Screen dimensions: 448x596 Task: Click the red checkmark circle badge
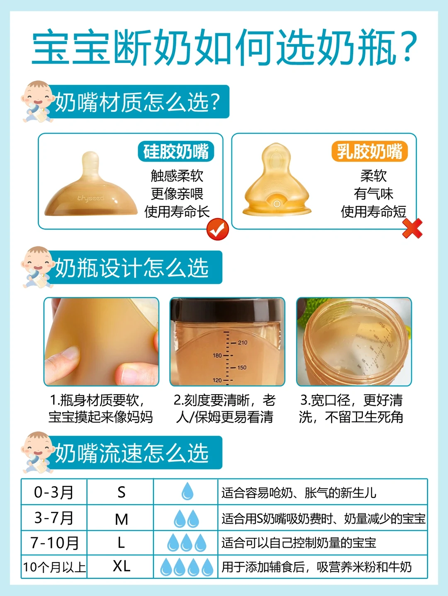pos(218,229)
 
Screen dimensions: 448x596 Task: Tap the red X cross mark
pos(412,228)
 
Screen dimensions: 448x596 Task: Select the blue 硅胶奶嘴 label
pos(176,151)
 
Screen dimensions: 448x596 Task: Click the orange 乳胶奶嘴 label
pos(370,151)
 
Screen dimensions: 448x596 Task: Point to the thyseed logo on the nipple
pos(90,198)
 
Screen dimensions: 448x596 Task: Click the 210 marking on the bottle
pos(243,343)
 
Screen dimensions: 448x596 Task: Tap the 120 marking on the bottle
pos(217,380)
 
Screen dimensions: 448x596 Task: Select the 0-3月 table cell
pos(54,492)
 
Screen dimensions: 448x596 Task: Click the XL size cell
pos(121,566)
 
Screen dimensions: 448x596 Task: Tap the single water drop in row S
pos(187,491)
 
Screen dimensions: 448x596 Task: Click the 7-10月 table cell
pos(54,543)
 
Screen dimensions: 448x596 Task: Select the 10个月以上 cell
pos(54,567)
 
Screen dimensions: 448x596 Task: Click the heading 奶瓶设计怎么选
pos(132,268)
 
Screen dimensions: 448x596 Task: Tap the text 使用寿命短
pos(373,212)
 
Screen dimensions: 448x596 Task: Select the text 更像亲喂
pos(177,193)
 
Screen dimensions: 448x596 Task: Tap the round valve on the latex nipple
pos(277,203)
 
